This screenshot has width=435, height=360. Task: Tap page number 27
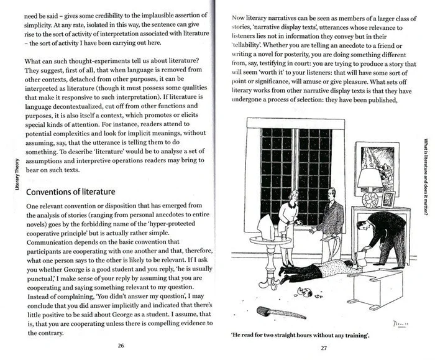click(323, 348)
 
